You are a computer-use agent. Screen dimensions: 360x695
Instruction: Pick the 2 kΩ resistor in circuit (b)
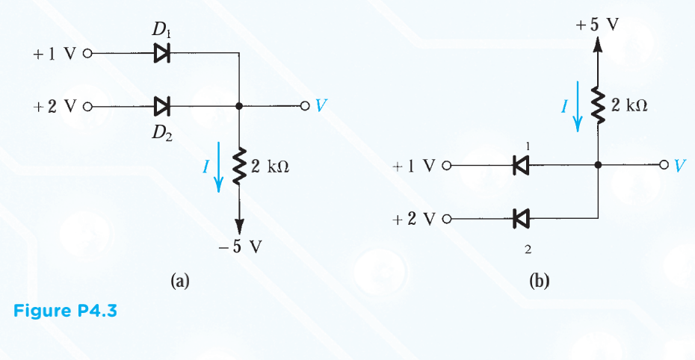[x=597, y=106]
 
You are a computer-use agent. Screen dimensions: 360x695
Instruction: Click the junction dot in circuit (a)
[x=239, y=106]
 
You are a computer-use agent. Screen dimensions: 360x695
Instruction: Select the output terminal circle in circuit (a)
[x=304, y=106]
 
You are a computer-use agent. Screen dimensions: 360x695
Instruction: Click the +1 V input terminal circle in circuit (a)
[x=87, y=54]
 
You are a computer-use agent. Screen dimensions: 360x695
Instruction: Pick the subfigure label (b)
[x=539, y=281]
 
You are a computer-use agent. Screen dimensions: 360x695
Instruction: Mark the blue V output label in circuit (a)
[x=321, y=106]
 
